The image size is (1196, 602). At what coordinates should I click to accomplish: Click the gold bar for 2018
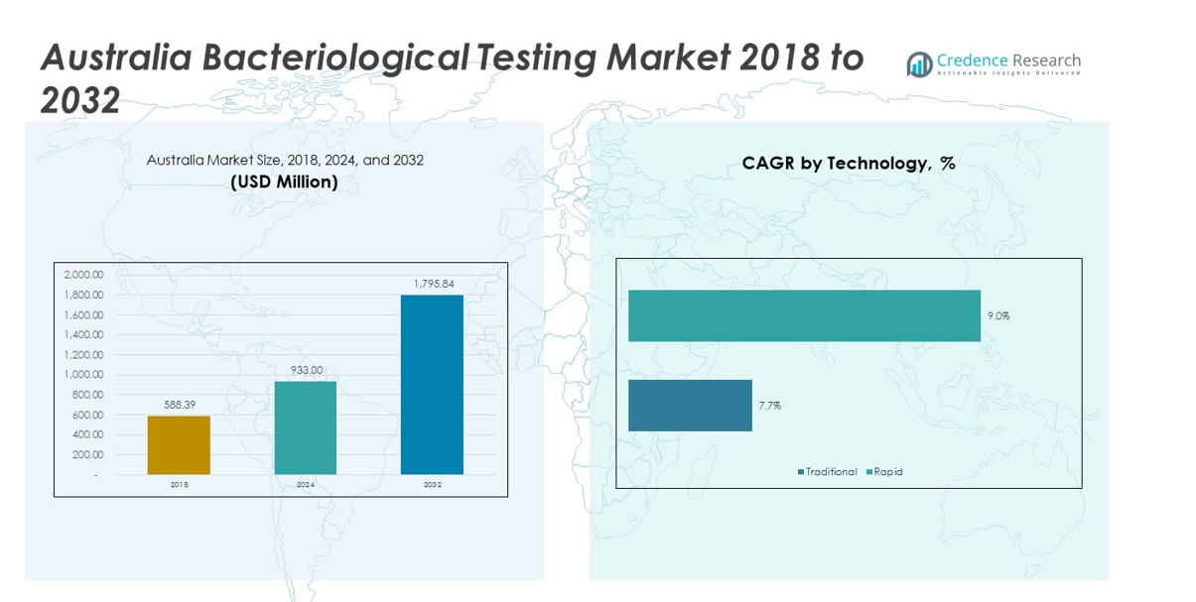(179, 445)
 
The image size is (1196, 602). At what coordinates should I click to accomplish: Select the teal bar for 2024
(306, 427)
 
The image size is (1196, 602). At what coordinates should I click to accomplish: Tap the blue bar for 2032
(432, 385)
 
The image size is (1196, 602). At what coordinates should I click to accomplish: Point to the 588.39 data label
(179, 405)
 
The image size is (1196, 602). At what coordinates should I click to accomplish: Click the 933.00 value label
(306, 370)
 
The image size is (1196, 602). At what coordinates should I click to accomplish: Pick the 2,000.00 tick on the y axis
(83, 275)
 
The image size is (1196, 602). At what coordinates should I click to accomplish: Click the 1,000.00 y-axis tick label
(83, 375)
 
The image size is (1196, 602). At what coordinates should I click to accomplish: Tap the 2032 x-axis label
(433, 485)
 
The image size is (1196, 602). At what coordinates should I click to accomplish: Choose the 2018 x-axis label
(179, 485)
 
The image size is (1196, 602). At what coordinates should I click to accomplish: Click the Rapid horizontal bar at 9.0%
(804, 315)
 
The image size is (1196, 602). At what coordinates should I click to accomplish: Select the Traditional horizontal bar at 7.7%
(690, 405)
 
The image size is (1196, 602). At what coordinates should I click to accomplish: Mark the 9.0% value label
(997, 316)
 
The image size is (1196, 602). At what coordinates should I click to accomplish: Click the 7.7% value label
(769, 406)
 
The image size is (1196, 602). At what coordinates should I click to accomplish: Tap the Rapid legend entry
(887, 472)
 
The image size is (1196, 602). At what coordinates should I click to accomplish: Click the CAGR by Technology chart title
(849, 164)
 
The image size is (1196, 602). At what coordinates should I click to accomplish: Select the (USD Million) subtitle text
(284, 182)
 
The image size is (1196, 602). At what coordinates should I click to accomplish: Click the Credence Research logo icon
(919, 64)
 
